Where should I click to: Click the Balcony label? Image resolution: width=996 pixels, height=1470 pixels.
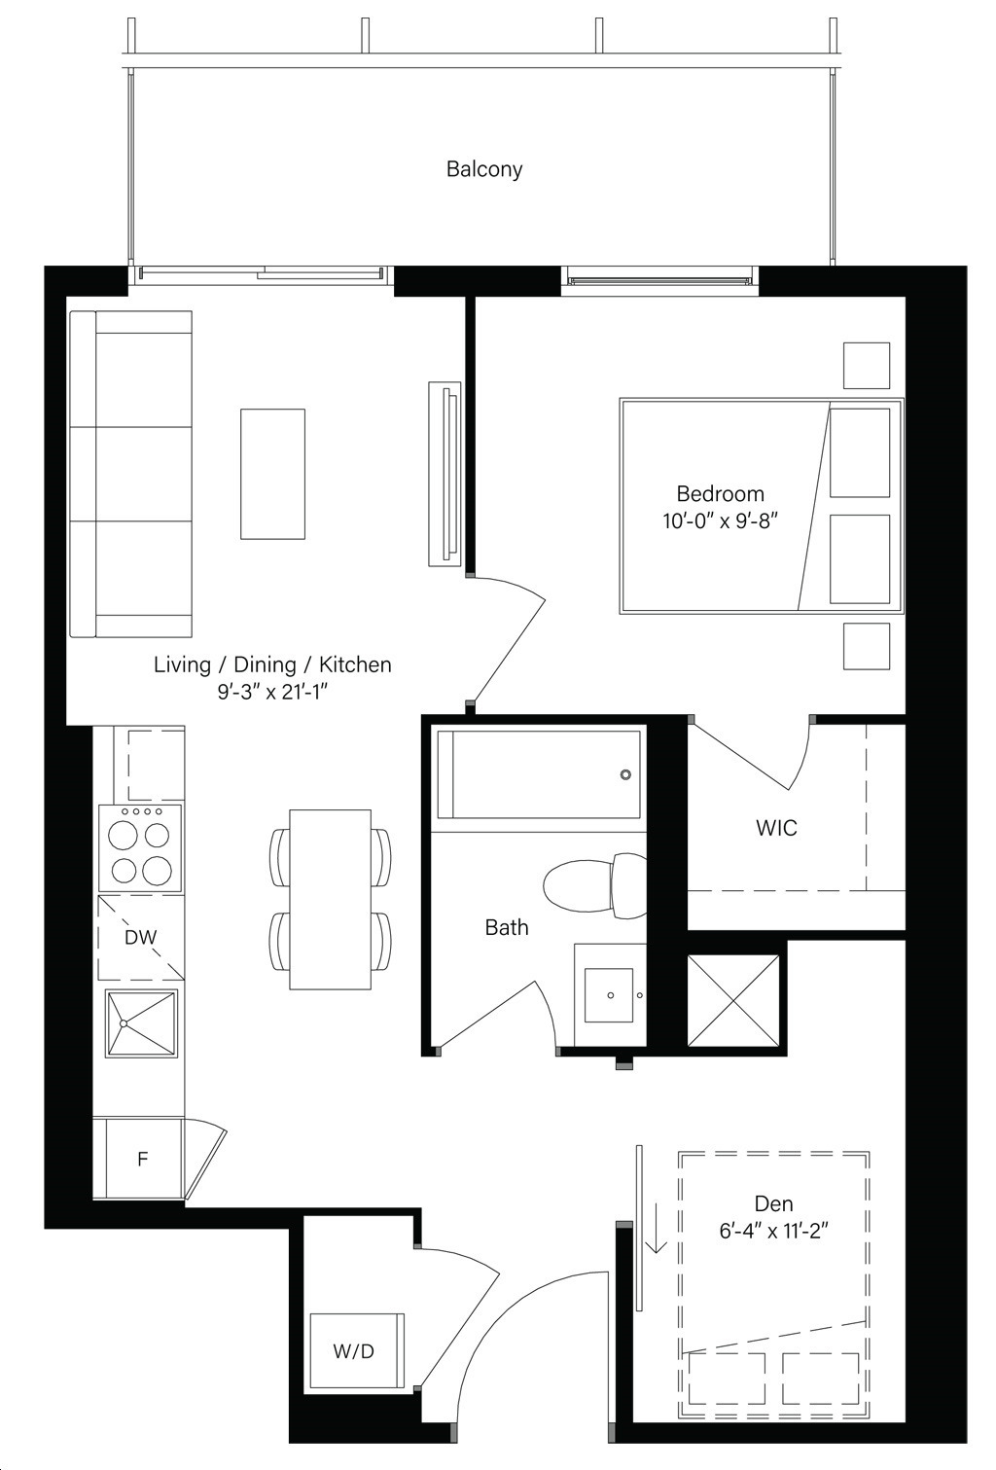(x=484, y=169)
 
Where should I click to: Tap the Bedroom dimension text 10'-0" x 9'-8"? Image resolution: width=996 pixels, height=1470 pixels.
(x=720, y=521)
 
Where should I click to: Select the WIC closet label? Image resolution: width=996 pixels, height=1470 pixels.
(x=776, y=828)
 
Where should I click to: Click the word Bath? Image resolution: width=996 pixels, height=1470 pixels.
(x=507, y=927)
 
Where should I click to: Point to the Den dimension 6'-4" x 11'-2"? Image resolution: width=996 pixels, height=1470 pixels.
(x=773, y=1231)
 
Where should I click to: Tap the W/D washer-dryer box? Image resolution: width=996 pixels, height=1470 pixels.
(x=357, y=1350)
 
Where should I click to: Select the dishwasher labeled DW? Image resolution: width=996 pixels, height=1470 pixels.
(x=141, y=937)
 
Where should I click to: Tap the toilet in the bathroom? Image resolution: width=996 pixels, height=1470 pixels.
(x=594, y=885)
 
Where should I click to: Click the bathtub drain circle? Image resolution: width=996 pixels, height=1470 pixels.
(x=625, y=774)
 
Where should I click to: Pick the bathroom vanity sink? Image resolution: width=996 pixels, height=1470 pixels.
(x=609, y=995)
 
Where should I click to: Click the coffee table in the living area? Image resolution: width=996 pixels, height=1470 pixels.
(x=272, y=474)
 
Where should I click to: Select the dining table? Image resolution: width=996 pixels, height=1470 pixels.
(x=330, y=899)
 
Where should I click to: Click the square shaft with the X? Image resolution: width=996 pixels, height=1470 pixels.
(x=733, y=1001)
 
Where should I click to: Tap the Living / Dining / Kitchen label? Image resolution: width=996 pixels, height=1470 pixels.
(x=272, y=664)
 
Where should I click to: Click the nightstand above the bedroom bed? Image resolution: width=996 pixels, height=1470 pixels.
(x=866, y=366)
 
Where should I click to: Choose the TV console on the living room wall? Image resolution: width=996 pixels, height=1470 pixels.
(x=445, y=473)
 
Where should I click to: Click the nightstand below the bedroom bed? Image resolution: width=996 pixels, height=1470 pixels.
(x=866, y=646)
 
